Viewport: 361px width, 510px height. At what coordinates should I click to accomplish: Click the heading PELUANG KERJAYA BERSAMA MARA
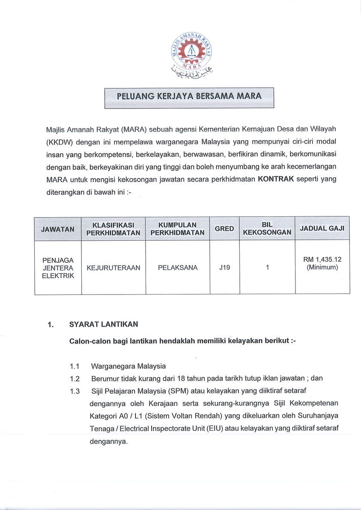(189, 96)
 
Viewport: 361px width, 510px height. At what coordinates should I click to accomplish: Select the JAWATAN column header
(58, 229)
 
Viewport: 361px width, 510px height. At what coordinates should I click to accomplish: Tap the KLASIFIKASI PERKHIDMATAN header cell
(113, 229)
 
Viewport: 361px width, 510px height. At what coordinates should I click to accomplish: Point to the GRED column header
(224, 229)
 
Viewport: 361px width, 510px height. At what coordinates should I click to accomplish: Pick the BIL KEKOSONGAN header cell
(267, 229)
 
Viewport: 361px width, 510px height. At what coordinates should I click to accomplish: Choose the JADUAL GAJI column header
(322, 228)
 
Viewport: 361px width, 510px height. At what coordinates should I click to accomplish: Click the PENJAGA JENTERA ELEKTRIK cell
(58, 268)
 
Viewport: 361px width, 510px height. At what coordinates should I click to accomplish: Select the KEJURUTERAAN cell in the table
(113, 268)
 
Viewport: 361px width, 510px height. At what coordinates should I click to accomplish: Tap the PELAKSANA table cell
(178, 268)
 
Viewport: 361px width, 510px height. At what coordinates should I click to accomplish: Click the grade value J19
(224, 268)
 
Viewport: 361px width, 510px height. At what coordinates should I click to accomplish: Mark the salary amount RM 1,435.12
(322, 259)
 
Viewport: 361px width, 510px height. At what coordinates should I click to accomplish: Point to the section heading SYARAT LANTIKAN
(104, 324)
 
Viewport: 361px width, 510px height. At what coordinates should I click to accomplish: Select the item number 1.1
(75, 366)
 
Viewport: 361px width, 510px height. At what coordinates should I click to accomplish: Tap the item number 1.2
(75, 378)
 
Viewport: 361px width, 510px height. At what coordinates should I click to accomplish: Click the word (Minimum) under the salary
(322, 268)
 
